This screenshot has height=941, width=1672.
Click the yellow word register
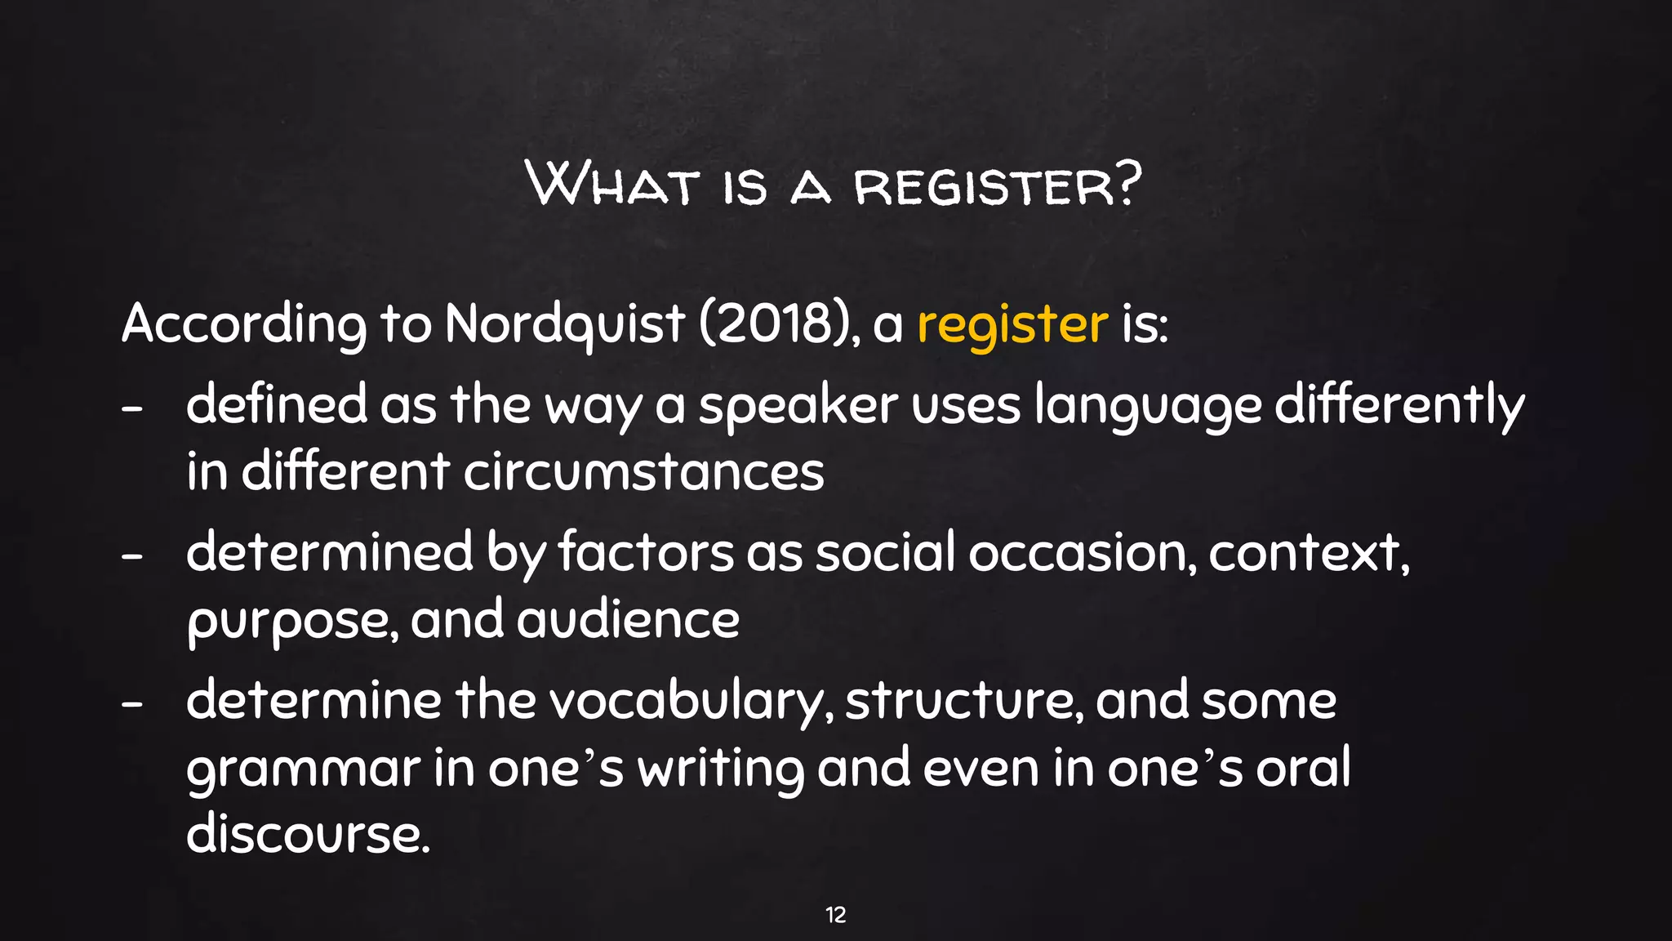pyautogui.click(x=1012, y=325)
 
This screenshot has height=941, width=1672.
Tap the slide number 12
pyautogui.click(x=835, y=915)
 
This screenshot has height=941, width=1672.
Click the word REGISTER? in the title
pyautogui.click(x=997, y=185)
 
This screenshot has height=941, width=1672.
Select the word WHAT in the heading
pyautogui.click(x=612, y=184)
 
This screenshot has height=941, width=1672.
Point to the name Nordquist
pyautogui.click(x=564, y=325)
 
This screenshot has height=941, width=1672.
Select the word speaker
pyautogui.click(x=798, y=406)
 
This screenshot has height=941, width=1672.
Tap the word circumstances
pyautogui.click(x=644, y=473)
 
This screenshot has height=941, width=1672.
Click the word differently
pyautogui.click(x=1399, y=406)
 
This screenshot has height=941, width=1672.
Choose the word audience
pyautogui.click(x=628, y=620)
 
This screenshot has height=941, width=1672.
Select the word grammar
pyautogui.click(x=303, y=769)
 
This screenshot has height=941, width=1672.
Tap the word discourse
pyautogui.click(x=307, y=835)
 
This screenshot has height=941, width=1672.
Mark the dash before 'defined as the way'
pyautogui.click(x=132, y=408)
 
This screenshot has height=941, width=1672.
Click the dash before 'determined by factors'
pyautogui.click(x=132, y=555)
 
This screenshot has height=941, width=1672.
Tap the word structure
pyautogui.click(x=964, y=702)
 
